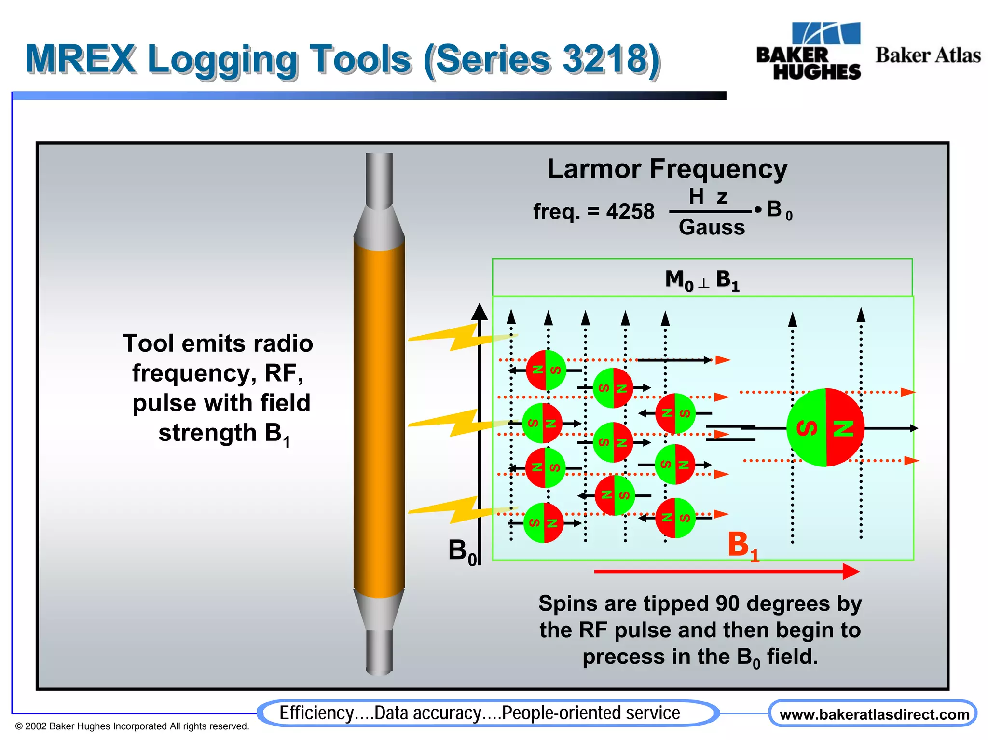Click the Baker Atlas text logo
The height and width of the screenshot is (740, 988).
pos(928,55)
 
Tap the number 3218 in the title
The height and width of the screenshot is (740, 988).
pos(605,59)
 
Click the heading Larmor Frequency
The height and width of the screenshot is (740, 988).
pos(667,169)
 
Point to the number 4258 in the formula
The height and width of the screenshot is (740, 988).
pos(630,211)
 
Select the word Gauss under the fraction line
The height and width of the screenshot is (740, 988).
pos(712,227)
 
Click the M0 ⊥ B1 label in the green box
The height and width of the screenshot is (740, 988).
pos(702,279)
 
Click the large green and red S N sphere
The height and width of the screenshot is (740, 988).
pos(825,427)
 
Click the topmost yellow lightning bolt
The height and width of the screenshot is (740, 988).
pos(458,338)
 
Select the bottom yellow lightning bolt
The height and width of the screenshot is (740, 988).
pos(458,510)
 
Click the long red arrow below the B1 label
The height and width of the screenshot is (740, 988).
pos(724,572)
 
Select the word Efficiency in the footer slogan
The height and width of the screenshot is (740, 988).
pos(316,713)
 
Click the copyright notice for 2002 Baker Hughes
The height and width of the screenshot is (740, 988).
pos(132,726)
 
